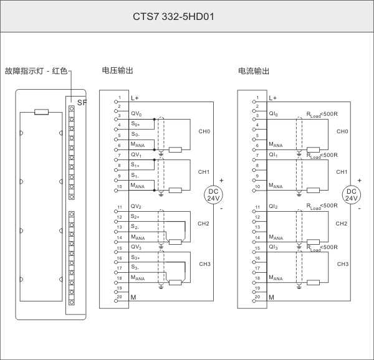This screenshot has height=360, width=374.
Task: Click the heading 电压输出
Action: (x=117, y=71)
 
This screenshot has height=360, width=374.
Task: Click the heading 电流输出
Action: (x=254, y=71)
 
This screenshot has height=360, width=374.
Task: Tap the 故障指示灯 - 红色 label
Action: (x=35, y=71)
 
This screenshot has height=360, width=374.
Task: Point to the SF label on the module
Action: (x=82, y=102)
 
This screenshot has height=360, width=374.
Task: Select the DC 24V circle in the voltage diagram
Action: (x=214, y=194)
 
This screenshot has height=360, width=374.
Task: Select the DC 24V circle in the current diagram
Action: (x=352, y=194)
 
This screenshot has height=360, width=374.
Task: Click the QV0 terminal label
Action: (x=137, y=114)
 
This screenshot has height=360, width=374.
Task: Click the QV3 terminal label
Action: (x=137, y=247)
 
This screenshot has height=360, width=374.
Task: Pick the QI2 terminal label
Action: (x=274, y=206)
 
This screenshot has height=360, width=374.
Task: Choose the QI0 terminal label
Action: (x=274, y=114)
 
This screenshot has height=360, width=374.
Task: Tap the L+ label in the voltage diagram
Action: (x=135, y=98)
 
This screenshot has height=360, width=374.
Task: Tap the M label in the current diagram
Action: (x=271, y=298)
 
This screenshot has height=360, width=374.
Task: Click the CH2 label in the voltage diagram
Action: (x=204, y=223)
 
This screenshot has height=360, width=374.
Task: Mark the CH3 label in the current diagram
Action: (x=342, y=264)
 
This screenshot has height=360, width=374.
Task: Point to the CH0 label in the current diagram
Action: (x=342, y=131)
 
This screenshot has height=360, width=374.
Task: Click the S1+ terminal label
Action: (x=136, y=165)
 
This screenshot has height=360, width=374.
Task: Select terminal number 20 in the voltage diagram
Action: (x=118, y=296)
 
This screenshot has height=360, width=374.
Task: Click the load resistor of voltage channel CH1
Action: (x=176, y=190)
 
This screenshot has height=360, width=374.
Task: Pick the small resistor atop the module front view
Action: (x=42, y=111)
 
